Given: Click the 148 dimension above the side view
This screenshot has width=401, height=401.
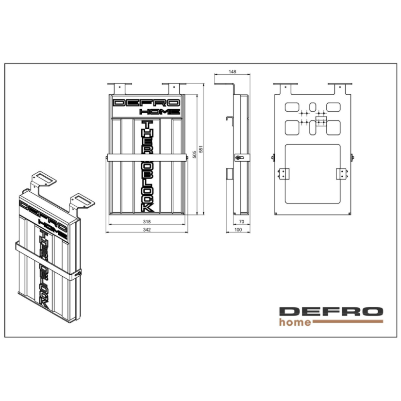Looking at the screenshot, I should (232, 72).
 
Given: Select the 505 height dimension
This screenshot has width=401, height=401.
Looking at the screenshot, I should (194, 154).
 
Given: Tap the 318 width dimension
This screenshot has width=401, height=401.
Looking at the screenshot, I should (147, 221).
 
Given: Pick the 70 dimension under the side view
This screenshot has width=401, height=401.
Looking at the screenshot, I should (242, 221).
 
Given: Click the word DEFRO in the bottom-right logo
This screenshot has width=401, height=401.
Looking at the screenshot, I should (331, 311).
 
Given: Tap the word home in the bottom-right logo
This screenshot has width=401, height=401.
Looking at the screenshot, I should (295, 322).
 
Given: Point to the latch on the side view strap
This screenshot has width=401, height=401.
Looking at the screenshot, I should (237, 158).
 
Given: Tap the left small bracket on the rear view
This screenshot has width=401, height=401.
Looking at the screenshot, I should (284, 173).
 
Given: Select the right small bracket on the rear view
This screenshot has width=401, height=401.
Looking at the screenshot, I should (341, 173).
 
